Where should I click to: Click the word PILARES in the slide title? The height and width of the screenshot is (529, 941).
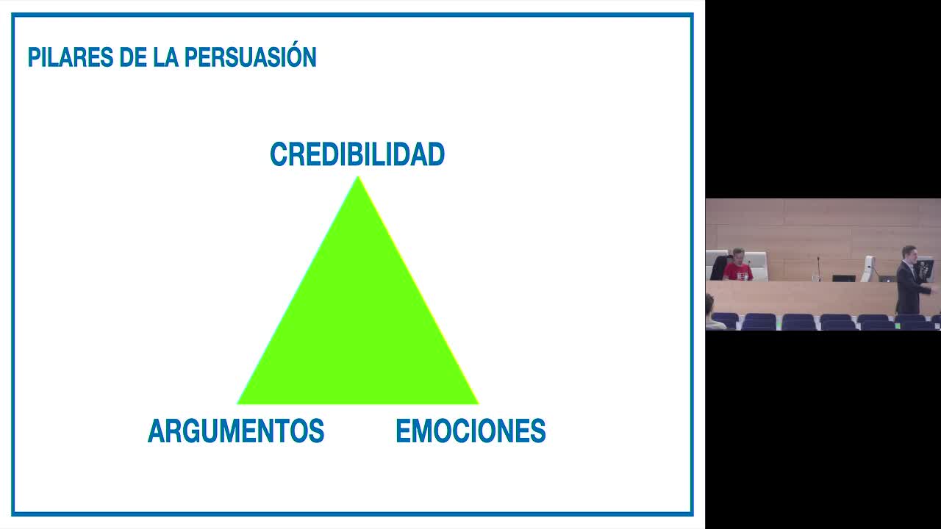(x=71, y=57)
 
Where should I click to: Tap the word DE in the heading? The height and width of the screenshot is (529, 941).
(x=133, y=57)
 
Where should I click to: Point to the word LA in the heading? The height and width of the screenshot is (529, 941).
(x=166, y=57)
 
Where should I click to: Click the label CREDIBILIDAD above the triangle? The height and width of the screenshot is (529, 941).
(x=357, y=154)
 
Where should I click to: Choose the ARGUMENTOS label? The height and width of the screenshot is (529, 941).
(x=236, y=431)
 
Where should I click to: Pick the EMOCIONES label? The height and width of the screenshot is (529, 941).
(x=470, y=431)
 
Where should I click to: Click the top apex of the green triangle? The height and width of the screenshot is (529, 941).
(x=358, y=177)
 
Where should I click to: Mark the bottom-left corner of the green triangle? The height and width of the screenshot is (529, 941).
(x=237, y=404)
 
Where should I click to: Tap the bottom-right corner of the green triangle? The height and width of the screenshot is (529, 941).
(x=479, y=404)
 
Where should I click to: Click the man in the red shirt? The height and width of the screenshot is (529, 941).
(x=737, y=265)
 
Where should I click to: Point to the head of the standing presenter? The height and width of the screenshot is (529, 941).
(x=909, y=253)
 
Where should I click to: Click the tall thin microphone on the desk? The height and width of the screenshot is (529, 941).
(x=819, y=269)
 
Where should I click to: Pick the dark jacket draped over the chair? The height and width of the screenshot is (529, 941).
(x=719, y=268)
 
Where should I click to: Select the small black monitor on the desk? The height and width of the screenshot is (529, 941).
(x=844, y=278)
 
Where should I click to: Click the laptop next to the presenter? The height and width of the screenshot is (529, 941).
(x=887, y=278)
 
